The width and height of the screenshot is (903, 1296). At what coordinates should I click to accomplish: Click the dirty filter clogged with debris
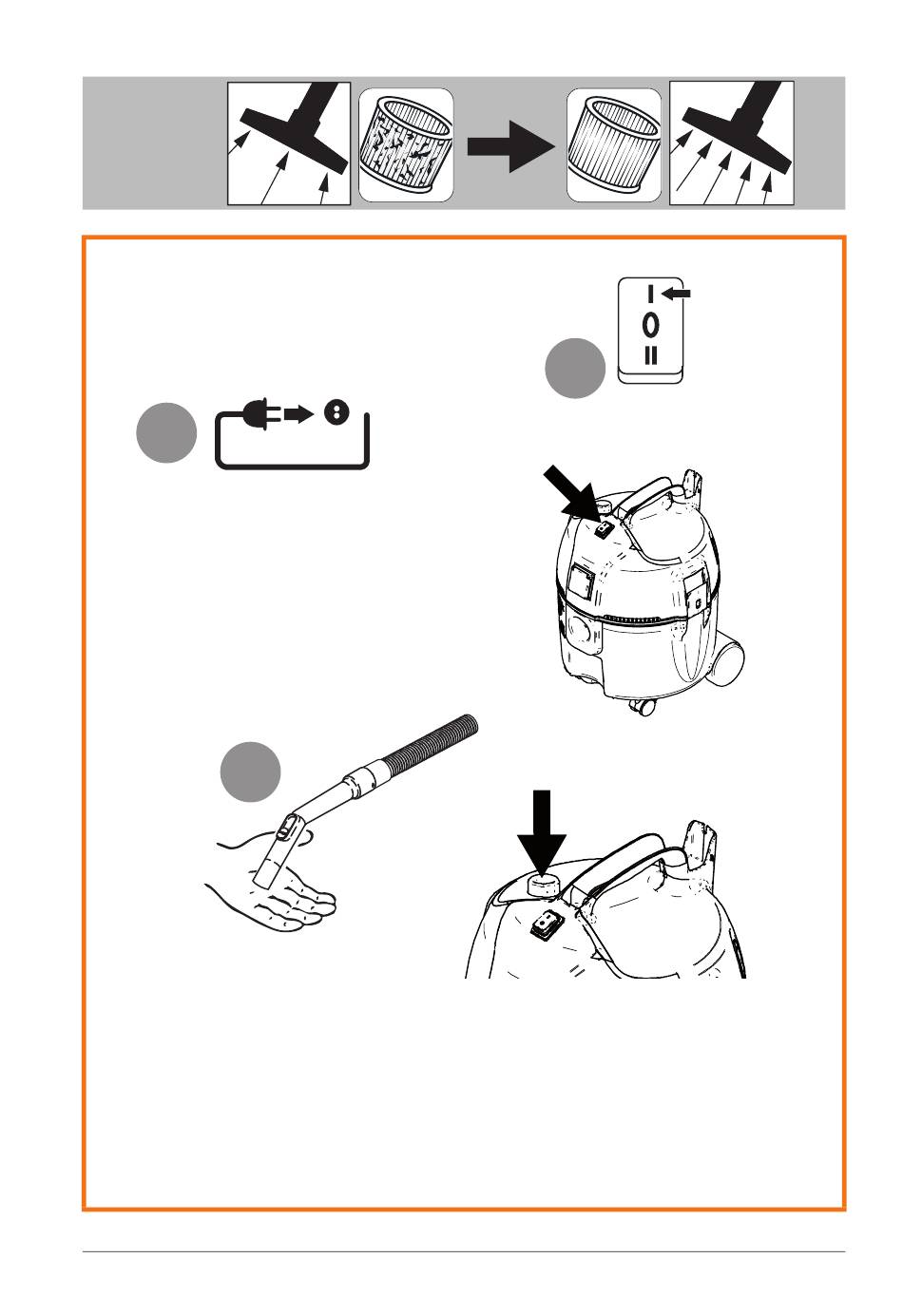[405, 144]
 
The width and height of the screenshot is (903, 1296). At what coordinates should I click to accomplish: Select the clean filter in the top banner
[614, 144]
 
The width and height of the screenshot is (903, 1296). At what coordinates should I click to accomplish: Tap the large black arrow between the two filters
[509, 146]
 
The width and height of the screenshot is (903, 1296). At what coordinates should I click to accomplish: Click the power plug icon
[262, 414]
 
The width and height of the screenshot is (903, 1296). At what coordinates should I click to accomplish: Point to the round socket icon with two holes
[336, 412]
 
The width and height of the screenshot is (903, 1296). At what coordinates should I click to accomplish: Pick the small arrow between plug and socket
[298, 414]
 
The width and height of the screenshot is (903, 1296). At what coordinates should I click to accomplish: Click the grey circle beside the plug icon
[166, 432]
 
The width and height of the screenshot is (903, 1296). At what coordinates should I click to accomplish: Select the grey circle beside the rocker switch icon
[575, 368]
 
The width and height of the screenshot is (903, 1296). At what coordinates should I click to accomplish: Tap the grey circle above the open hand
[250, 772]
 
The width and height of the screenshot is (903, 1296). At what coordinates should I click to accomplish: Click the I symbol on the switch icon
[650, 294]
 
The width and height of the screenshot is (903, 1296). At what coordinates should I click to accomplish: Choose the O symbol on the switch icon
[650, 325]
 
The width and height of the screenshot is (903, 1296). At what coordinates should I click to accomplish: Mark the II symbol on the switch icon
[650, 355]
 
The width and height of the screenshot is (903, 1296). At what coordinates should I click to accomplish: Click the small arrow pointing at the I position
[676, 294]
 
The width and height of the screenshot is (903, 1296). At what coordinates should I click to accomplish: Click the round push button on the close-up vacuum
[543, 885]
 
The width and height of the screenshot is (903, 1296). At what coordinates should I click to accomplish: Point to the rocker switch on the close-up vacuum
[546, 924]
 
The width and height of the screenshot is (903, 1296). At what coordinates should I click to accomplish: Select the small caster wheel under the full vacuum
[643, 705]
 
